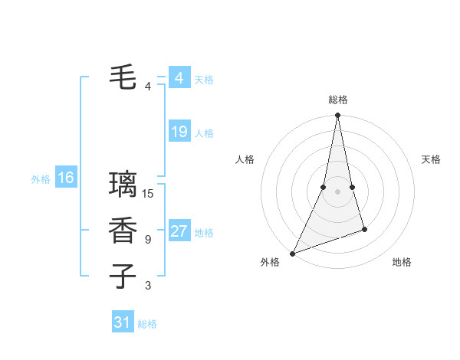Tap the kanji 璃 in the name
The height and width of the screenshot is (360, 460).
coord(123,185)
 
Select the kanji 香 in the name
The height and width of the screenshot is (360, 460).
coord(123,231)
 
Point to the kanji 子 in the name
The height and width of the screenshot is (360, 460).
coord(123,276)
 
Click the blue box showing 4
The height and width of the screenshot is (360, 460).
coord(179,78)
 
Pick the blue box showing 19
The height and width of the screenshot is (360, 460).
coord(179,132)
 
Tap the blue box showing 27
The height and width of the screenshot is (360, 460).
coord(179,231)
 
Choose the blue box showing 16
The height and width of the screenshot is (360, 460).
coord(66,178)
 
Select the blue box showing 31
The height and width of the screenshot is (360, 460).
coord(123,322)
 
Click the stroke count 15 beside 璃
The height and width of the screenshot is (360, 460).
coord(149,194)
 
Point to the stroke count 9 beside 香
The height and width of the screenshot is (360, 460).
coord(148,240)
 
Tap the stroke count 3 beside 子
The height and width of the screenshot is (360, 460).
coord(148,286)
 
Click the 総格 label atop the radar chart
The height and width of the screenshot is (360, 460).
coord(338,100)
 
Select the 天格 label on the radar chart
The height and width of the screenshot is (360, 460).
coord(432,159)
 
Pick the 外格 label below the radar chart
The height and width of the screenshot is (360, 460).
coord(270,262)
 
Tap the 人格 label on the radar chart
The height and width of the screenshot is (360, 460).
coord(245,159)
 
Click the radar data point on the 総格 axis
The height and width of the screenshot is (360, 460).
coord(338,116)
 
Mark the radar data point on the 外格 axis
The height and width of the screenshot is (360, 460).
coord(292,254)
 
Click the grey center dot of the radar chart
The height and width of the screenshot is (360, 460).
coord(338,191)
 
